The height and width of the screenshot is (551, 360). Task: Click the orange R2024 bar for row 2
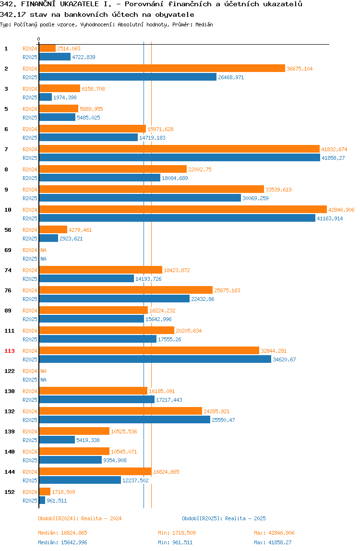pyautogui.click(x=162, y=69)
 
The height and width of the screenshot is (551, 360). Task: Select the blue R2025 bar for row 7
pyautogui.click(x=180, y=158)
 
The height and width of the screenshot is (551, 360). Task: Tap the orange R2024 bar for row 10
pyautogui.click(x=183, y=209)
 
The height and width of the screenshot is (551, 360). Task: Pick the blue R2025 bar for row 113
pyautogui.click(x=156, y=359)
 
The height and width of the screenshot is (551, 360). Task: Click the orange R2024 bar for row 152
pyautogui.click(x=45, y=491)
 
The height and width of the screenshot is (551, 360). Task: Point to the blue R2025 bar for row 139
pyautogui.click(x=57, y=440)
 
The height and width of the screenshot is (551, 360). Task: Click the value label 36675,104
pyautogui.click(x=300, y=69)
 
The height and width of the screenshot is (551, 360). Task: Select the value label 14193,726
pyautogui.click(x=148, y=279)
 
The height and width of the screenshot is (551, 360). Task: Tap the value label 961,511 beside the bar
pyautogui.click(x=57, y=501)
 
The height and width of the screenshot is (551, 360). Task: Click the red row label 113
pyautogui.click(x=10, y=351)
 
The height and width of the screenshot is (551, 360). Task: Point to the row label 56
pyautogui.click(x=8, y=230)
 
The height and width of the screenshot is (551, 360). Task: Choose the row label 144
pyautogui.click(x=10, y=472)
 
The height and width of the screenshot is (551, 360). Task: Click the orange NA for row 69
pyautogui.click(x=43, y=250)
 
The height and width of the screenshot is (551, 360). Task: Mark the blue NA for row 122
pyautogui.click(x=43, y=380)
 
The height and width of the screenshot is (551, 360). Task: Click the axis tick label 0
pyautogui.click(x=39, y=39)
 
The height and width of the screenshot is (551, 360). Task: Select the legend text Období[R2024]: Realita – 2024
pyautogui.click(x=80, y=519)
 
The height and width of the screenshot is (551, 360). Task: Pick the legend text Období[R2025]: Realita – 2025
pyautogui.click(x=224, y=519)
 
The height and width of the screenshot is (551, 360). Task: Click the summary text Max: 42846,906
pyautogui.click(x=274, y=533)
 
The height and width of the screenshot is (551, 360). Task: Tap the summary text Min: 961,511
pyautogui.click(x=175, y=542)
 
